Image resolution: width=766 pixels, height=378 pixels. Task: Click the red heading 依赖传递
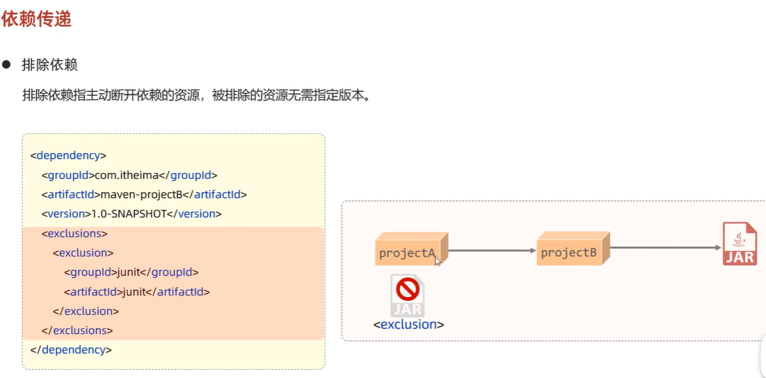point(36,19)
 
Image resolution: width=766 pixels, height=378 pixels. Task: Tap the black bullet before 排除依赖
point(7,65)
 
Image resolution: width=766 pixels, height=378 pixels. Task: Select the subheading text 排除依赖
point(50,65)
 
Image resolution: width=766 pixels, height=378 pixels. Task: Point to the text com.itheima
point(126,175)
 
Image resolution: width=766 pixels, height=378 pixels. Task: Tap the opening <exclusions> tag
point(75,234)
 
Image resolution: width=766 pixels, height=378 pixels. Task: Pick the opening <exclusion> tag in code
point(83,253)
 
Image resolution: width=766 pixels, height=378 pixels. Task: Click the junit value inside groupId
point(130,272)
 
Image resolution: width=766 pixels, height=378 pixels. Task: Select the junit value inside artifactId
point(135,291)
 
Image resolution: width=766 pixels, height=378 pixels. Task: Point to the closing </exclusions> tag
point(77,330)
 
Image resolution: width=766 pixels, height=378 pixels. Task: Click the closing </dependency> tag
point(71,349)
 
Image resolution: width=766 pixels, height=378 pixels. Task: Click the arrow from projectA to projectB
point(492,251)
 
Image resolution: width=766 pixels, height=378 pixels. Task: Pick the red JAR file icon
point(739,244)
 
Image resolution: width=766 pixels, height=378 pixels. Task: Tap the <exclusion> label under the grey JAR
point(409,325)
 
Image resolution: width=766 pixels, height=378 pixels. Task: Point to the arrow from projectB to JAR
point(666,248)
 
